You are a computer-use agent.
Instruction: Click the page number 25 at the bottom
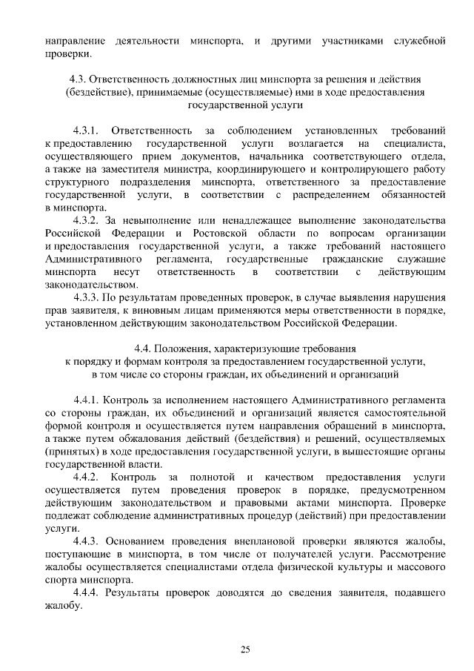[245, 649]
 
